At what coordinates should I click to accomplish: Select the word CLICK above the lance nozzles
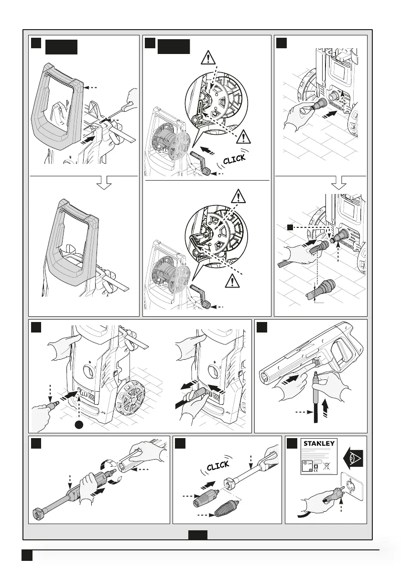click(218, 465)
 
